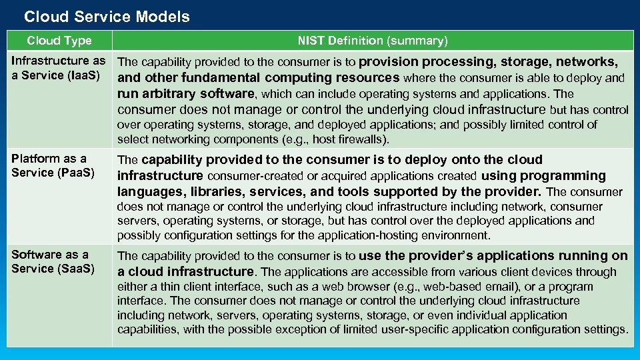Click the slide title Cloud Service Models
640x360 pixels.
click(x=107, y=17)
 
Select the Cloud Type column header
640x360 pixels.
click(x=59, y=41)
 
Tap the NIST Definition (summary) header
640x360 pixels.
click(x=373, y=41)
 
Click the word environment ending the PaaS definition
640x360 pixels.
click(x=457, y=235)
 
